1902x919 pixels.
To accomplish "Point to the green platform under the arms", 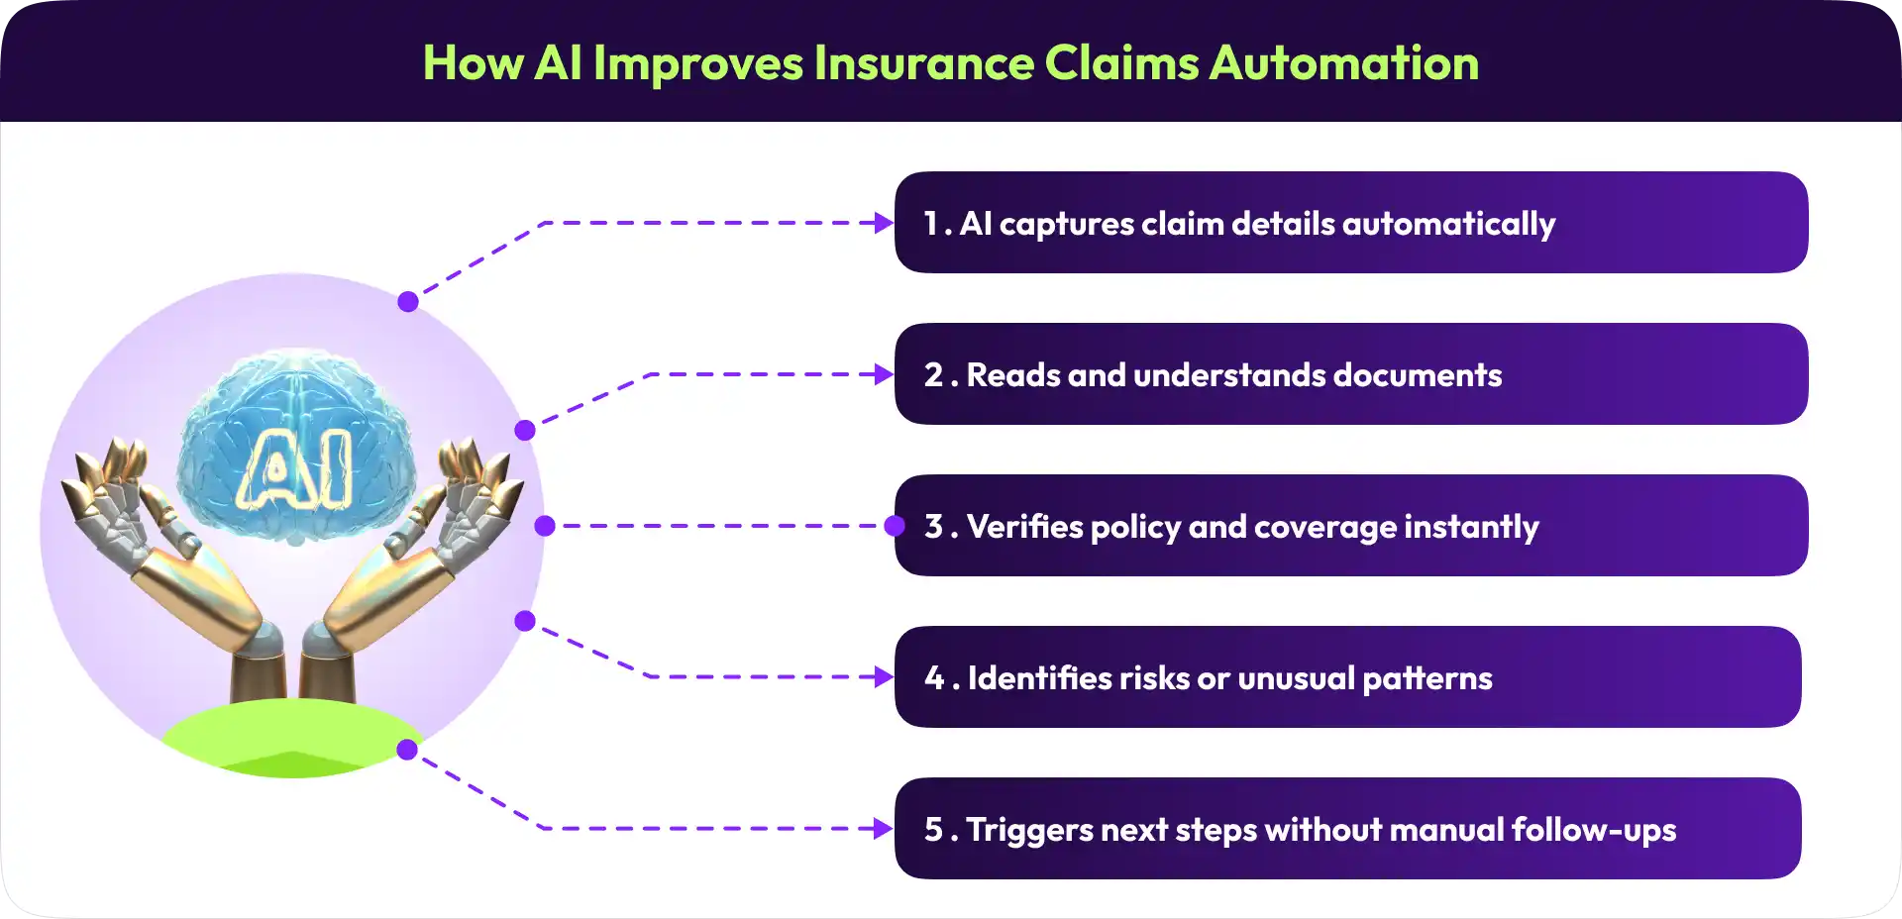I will click(292, 738).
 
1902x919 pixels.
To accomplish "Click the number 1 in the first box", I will click(931, 223).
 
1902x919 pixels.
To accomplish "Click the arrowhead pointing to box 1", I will click(883, 223).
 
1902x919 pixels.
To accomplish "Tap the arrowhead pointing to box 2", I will click(883, 374).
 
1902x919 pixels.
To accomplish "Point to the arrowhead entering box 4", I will click(883, 677).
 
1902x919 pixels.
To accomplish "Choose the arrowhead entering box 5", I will click(883, 829).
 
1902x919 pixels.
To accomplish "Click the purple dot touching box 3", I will click(895, 526).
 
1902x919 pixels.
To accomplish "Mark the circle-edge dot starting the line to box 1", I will click(408, 302).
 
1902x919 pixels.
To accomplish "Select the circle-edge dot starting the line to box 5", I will click(407, 750).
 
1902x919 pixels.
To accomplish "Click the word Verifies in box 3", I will click(1024, 527).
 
